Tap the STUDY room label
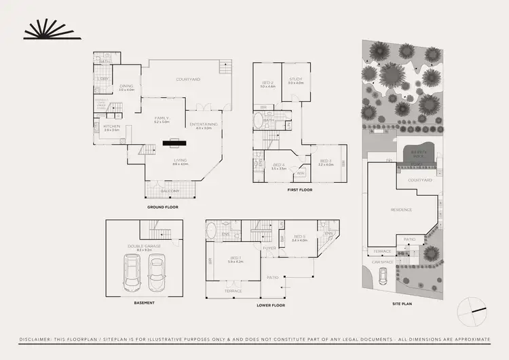[x=295, y=82]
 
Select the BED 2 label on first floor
[x=267, y=85]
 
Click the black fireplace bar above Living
[x=174, y=143]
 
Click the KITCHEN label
[x=111, y=126]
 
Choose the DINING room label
[x=127, y=86]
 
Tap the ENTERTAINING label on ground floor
[x=204, y=124]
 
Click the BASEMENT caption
[x=144, y=302]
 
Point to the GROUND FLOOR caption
[x=162, y=206]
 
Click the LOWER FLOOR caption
[x=271, y=306]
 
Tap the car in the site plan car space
[x=383, y=274]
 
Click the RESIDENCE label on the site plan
[x=401, y=210]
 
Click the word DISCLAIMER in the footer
[x=39, y=339]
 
